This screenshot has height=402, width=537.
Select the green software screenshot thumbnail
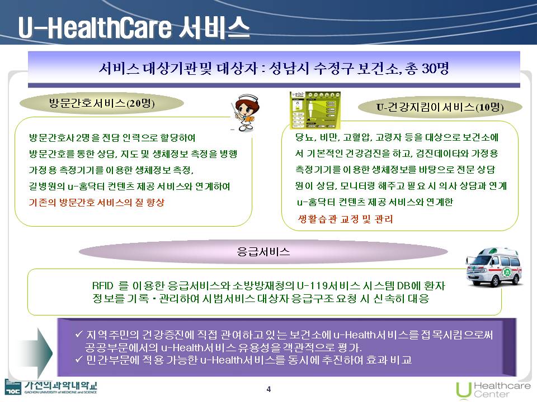coord(315,110)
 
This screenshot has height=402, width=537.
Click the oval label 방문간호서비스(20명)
coord(102,103)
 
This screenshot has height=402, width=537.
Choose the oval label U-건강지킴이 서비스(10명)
coord(440,107)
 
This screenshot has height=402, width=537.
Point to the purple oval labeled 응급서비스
coord(263,252)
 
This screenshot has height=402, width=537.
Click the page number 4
coord(268,389)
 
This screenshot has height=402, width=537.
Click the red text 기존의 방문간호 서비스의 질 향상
coord(97,202)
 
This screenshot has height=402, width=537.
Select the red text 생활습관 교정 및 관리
coord(345,219)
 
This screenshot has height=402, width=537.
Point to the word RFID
coord(102,285)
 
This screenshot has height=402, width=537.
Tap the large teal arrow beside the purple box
coord(34,352)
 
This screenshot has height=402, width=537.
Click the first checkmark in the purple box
coord(79,334)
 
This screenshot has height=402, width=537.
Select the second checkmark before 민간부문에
coord(79,359)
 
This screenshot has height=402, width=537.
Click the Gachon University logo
coord(51,387)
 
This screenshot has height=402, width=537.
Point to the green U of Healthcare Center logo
coord(463,390)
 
